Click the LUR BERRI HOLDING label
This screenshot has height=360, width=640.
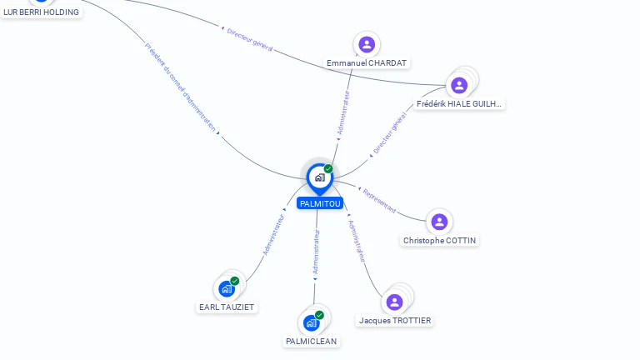[x=41, y=12]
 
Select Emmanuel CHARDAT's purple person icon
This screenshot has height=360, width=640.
[x=367, y=44]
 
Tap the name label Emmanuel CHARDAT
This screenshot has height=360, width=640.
[x=367, y=63]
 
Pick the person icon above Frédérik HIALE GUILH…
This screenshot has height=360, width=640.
[x=459, y=86]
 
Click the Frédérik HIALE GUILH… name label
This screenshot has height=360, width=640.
[x=459, y=104]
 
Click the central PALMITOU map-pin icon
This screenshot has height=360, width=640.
[x=320, y=178]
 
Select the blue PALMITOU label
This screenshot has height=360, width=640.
[x=320, y=203]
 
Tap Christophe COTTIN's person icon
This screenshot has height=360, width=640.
[x=440, y=222]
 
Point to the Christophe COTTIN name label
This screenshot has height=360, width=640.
[x=440, y=241]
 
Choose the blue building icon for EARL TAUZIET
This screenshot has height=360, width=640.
[x=227, y=289]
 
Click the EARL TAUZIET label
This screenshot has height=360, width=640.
[x=227, y=307]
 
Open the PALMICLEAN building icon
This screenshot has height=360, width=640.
[x=312, y=323]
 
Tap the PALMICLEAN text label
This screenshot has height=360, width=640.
[x=312, y=342]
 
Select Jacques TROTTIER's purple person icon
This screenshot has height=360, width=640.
[x=395, y=302]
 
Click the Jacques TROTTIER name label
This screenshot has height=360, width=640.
[x=395, y=321]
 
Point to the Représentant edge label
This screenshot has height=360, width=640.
[x=379, y=201]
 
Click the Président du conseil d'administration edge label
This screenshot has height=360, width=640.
[x=180, y=87]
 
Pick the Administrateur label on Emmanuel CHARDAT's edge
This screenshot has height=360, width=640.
[x=343, y=112]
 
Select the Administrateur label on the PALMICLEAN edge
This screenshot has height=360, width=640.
[x=316, y=252]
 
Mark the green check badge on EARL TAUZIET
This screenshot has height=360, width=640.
[x=235, y=281]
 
